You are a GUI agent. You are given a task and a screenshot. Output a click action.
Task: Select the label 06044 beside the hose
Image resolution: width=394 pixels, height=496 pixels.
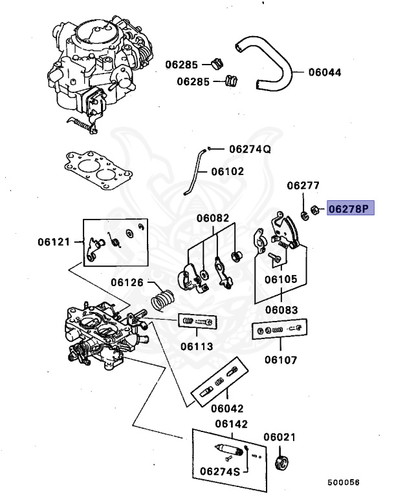point(325,72)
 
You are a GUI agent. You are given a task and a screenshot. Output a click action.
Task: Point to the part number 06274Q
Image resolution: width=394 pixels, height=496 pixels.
point(250,149)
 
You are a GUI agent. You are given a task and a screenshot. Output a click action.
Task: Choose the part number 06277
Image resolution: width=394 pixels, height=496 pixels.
point(303,185)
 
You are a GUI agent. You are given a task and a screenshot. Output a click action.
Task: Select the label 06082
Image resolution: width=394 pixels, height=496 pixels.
point(213,218)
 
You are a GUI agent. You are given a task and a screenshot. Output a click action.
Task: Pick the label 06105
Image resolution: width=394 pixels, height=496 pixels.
point(280,280)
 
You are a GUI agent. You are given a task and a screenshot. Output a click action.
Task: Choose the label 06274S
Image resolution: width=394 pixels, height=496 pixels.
point(219,471)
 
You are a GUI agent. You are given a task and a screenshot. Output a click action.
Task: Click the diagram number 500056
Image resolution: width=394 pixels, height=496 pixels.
point(343,482)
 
